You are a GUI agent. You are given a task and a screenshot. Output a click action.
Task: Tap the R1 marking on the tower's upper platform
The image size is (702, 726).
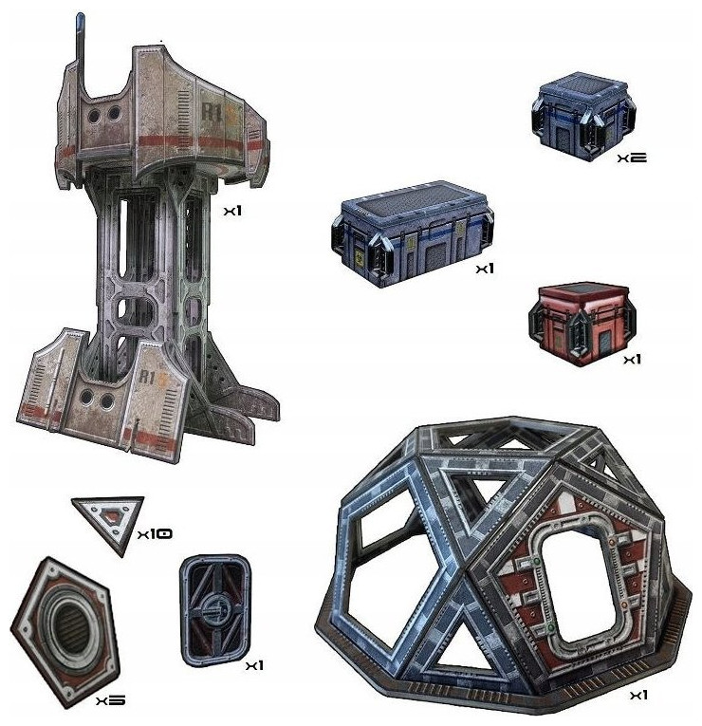[211, 112]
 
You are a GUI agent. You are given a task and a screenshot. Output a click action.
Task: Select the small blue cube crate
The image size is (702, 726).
[583, 115]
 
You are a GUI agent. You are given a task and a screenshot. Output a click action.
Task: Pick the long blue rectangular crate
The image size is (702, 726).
[413, 233]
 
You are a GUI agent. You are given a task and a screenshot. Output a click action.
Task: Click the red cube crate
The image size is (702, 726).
[582, 324]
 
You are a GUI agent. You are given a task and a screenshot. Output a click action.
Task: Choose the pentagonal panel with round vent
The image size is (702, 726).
[65, 631]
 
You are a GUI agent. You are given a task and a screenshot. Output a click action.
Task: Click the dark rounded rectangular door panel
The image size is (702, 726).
[215, 610]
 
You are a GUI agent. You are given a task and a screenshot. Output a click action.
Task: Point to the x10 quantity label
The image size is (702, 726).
[155, 534]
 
